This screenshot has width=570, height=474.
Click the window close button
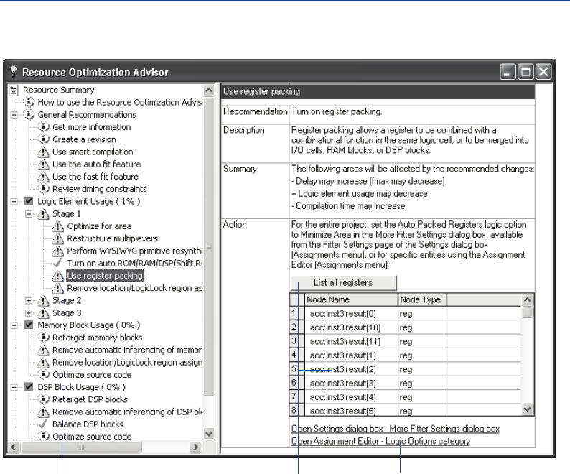[x=543, y=72]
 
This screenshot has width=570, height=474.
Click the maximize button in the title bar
[x=525, y=72]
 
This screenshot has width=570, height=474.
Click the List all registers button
[x=343, y=283]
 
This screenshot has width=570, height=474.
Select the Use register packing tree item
[x=104, y=275]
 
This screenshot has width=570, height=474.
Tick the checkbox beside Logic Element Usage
[x=29, y=201]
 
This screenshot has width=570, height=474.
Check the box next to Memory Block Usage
[x=29, y=325]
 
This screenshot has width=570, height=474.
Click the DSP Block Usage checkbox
[x=29, y=386]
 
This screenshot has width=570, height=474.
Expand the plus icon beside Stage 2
[x=29, y=300]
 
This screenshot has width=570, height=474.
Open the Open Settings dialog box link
[x=395, y=429]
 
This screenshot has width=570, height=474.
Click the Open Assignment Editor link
[x=380, y=441]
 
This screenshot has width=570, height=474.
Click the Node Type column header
[x=421, y=299]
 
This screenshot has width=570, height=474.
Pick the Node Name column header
[x=350, y=299]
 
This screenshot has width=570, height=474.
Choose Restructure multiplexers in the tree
[x=112, y=238]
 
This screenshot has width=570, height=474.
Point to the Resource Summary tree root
[x=58, y=90]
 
